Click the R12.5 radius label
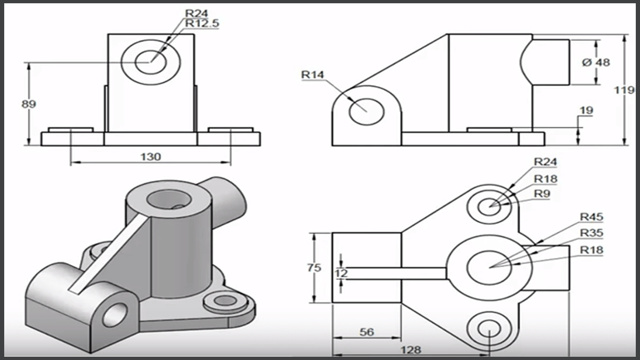[202, 23]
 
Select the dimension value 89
[29, 104]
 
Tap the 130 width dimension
[150, 157]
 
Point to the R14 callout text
[313, 75]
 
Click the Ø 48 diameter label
[596, 62]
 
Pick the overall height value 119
[624, 90]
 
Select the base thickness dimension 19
[586, 111]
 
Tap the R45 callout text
[591, 217]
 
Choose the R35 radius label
[591, 233]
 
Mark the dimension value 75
[314, 268]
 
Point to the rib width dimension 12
[342, 273]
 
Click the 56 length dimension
[366, 332]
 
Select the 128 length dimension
[411, 350]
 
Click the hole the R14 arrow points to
[366, 112]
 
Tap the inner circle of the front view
[150, 62]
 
